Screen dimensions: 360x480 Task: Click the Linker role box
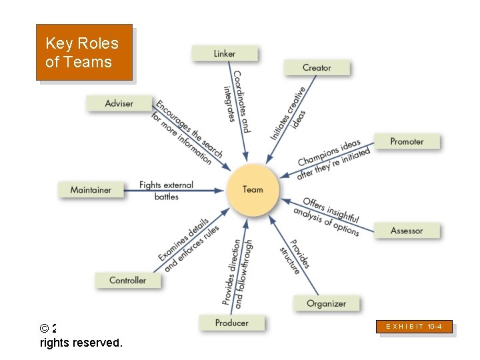[x=225, y=53]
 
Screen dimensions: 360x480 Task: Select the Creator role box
[x=317, y=67]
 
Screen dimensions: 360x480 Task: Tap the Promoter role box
[x=406, y=141]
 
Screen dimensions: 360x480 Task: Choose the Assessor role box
[x=406, y=231]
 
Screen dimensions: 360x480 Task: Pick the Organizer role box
[x=326, y=303]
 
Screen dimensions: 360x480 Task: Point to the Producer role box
[x=231, y=323]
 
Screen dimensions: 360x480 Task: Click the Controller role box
[x=127, y=280]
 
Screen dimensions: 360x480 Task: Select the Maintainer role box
[x=91, y=190]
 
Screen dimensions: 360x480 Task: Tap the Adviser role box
[x=119, y=103]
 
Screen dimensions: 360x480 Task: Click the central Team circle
[x=253, y=190]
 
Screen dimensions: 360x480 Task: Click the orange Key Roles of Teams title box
[x=84, y=53]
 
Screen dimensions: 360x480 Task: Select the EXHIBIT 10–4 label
[x=414, y=327]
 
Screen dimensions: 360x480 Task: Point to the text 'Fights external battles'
[x=166, y=191]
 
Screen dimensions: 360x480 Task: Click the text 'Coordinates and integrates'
[x=236, y=100]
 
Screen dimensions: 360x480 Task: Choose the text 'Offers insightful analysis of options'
[x=327, y=215]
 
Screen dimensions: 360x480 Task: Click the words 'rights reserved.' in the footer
[x=81, y=343]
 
